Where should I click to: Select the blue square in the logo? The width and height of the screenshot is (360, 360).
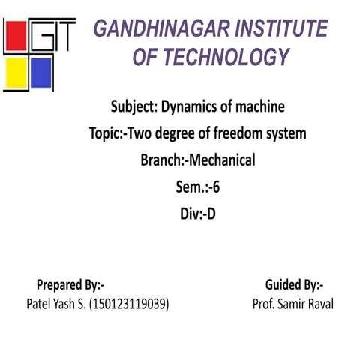41,73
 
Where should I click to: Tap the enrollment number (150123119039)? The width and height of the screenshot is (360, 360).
128,304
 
